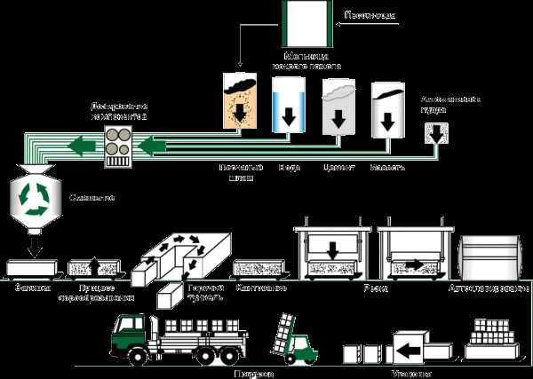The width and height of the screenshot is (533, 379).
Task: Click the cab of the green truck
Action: click(128, 336)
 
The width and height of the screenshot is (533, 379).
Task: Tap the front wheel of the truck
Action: click(138, 356)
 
